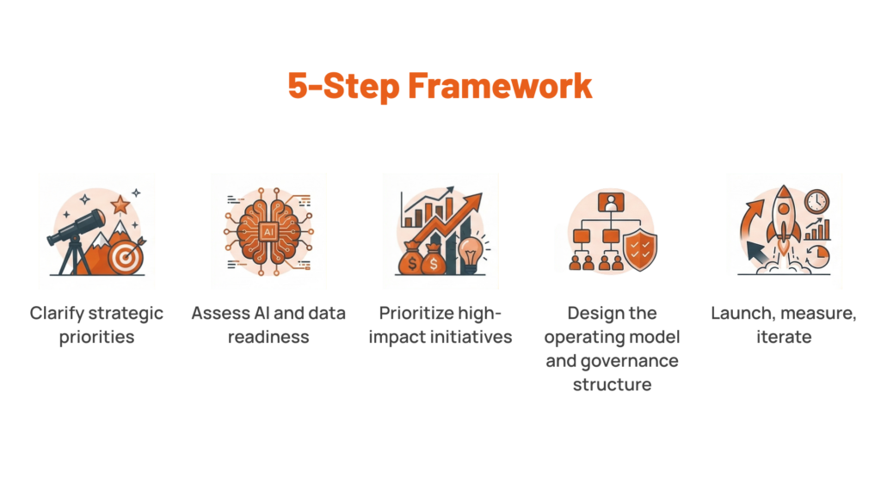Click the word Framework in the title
500,86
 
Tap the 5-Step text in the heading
344,86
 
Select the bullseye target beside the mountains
126,257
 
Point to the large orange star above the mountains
120,205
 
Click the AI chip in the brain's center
268,232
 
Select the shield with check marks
640,249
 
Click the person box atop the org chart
611,202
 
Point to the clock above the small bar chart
816,201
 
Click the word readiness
268,337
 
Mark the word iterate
784,337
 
